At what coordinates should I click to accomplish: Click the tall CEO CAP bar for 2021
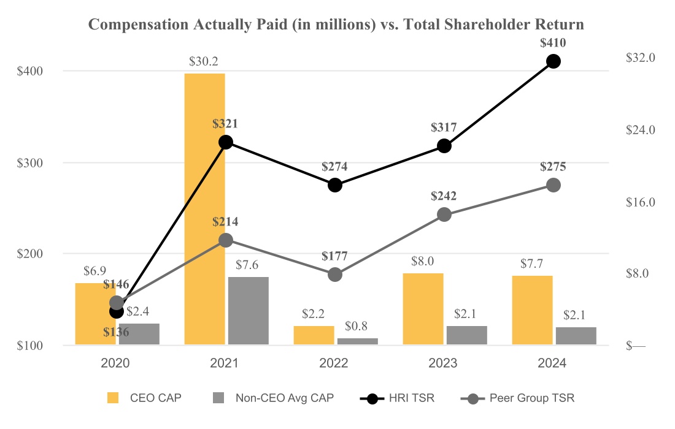click(204, 208)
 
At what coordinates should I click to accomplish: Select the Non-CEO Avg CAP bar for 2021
click(249, 311)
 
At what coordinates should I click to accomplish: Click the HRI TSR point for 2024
click(553, 61)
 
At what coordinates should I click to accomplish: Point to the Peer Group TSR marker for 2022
click(334, 275)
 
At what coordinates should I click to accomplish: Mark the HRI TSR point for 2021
click(226, 142)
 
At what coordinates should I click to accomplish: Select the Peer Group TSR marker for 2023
click(444, 214)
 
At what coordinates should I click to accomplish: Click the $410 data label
click(553, 44)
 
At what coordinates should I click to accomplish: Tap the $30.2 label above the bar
click(204, 62)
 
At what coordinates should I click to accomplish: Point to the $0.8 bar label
click(357, 326)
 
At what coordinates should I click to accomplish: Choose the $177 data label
click(334, 256)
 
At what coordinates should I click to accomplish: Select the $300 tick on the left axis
click(29, 163)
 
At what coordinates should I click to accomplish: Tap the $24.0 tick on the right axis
click(641, 130)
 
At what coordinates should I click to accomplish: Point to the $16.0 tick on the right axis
click(641, 202)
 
